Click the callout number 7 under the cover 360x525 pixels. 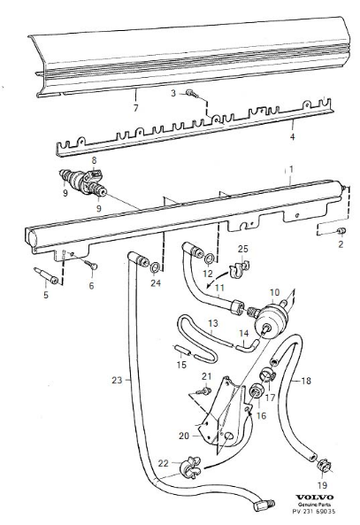135,108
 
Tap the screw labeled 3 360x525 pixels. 192,94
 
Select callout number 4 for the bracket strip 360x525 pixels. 293,136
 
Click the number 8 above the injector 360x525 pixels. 94,161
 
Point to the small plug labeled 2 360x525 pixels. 341,231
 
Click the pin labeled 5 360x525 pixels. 46,275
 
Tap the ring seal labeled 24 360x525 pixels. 155,267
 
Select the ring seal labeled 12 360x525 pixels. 209,259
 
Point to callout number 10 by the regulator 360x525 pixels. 274,292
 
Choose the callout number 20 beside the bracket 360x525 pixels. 184,436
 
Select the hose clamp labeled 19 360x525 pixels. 324,465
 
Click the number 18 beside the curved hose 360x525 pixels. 306,381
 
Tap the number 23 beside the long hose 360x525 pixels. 117,380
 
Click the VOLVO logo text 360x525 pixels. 315,498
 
